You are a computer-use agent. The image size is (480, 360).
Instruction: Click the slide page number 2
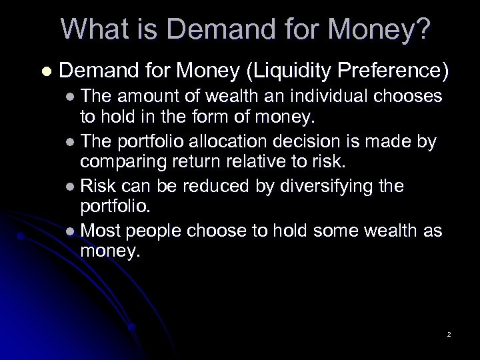[449, 334]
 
